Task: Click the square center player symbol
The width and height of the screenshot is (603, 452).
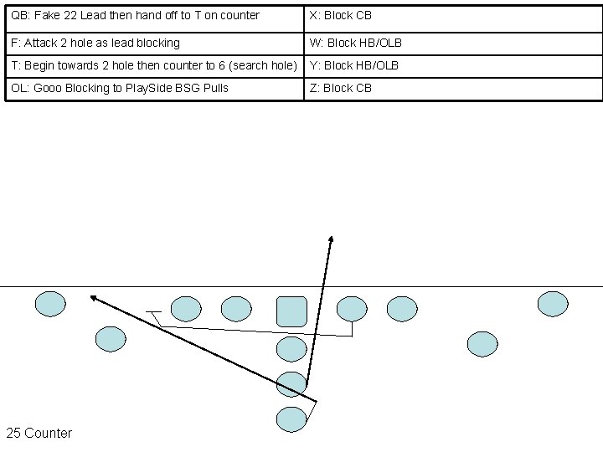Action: [291, 311]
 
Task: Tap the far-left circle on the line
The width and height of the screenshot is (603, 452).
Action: [50, 304]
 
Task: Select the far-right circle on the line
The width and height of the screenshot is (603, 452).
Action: [552, 304]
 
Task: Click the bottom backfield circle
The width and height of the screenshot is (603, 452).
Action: [291, 419]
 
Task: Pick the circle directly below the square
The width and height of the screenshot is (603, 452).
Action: [291, 349]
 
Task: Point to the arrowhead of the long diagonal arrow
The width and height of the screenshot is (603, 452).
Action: [93, 296]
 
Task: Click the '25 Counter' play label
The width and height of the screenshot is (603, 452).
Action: [39, 433]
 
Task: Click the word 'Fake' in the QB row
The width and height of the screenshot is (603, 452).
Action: [49, 15]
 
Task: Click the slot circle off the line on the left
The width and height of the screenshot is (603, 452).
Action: [111, 339]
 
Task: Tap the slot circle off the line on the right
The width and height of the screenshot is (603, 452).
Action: [482, 343]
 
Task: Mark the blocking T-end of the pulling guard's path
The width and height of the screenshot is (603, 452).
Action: [152, 313]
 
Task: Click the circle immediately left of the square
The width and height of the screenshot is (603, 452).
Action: [236, 309]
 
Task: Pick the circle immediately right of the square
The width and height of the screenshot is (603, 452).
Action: [351, 309]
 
